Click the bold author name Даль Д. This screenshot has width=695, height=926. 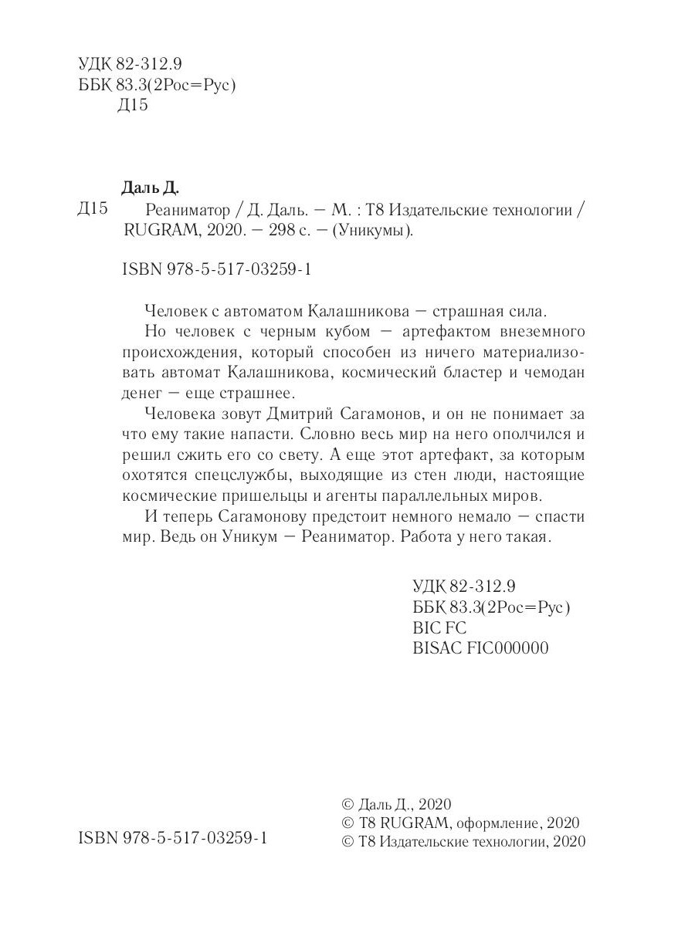point(151,187)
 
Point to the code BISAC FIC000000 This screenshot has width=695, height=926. point(481,647)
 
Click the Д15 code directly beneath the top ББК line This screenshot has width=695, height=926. point(132,106)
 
